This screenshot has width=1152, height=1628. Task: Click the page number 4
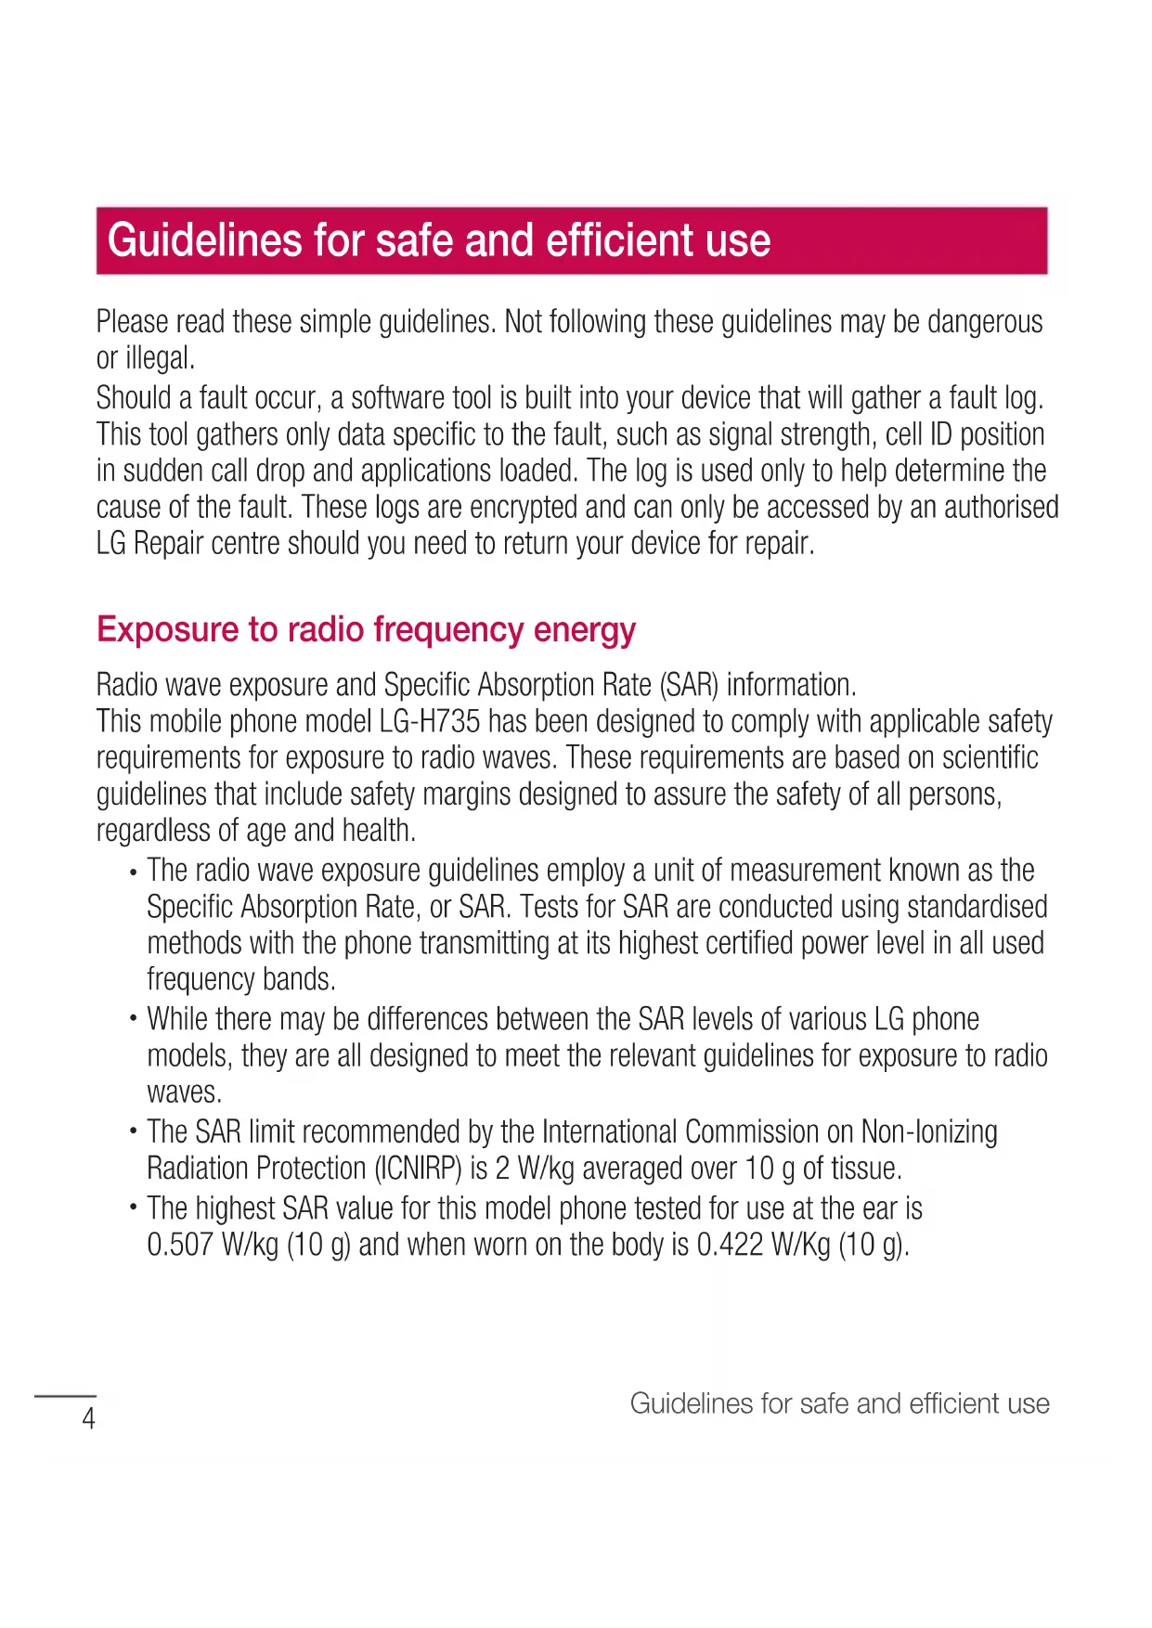tap(89, 1419)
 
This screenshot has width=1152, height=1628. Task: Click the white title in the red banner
tap(439, 240)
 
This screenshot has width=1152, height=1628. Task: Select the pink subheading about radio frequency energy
tap(366, 629)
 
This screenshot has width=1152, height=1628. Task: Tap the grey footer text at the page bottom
tap(839, 1403)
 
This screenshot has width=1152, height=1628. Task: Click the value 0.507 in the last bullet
tap(180, 1245)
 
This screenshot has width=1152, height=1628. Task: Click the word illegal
tap(159, 358)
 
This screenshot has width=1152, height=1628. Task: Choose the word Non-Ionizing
tap(929, 1132)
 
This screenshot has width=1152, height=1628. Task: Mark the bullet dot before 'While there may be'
tap(134, 1020)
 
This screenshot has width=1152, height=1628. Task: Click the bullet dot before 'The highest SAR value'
tap(134, 1209)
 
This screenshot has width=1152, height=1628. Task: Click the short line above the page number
tap(65, 1395)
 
